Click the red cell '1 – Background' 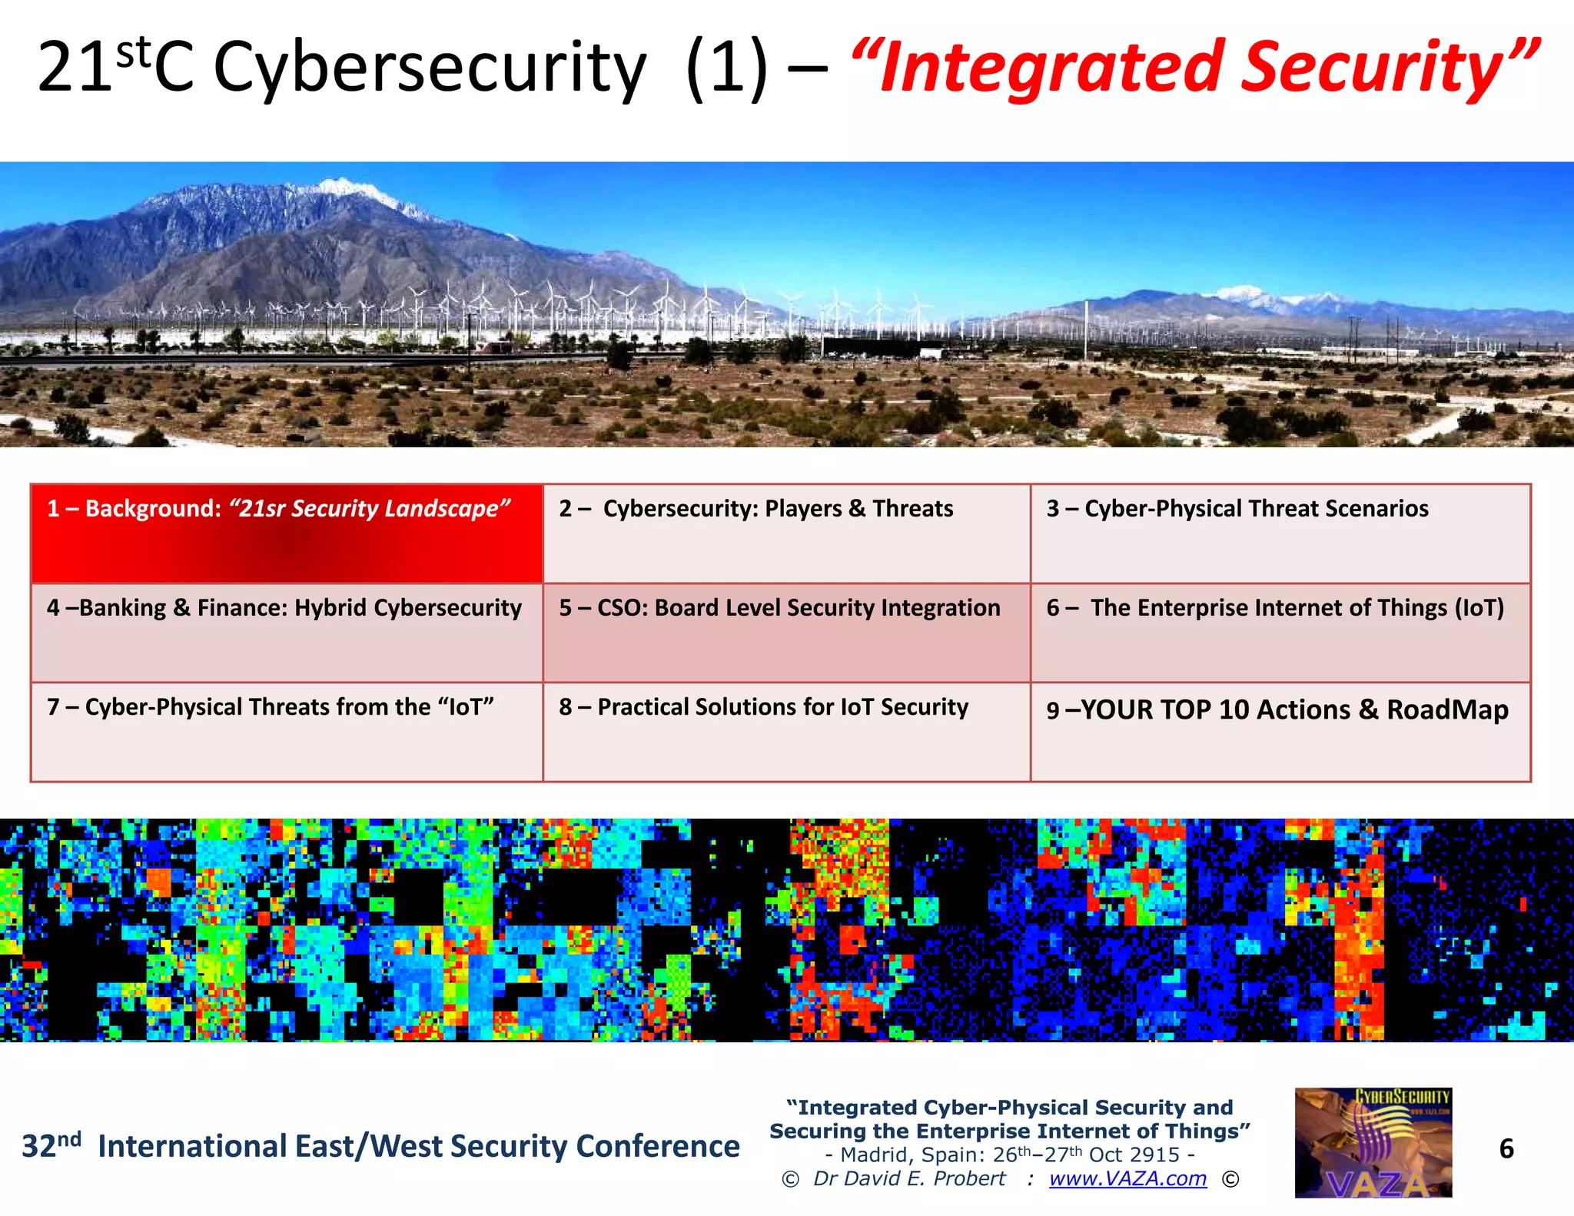(x=287, y=533)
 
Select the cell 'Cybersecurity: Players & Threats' (x=786, y=533)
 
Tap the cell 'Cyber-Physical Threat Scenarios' (x=1280, y=533)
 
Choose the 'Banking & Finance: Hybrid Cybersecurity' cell (x=287, y=633)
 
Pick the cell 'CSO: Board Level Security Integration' (x=786, y=633)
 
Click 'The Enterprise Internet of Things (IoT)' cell (x=1280, y=633)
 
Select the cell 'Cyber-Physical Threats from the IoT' (x=287, y=732)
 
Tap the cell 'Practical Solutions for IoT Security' (x=786, y=732)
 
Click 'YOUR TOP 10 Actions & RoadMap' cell (x=1280, y=732)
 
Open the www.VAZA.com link (x=1127, y=1178)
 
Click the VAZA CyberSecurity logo (x=1373, y=1142)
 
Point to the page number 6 (x=1506, y=1148)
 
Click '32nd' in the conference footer (x=51, y=1145)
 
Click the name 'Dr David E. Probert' (x=909, y=1178)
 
